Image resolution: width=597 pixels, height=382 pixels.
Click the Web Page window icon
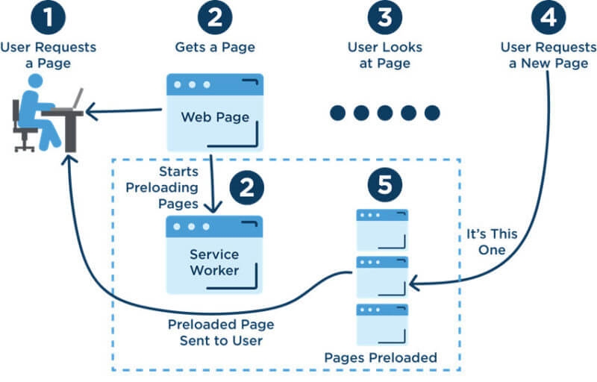214,110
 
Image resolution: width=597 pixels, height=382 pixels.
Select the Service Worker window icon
214,254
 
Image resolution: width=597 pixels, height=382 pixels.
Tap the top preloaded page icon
381,230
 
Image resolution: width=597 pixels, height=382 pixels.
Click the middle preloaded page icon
381,277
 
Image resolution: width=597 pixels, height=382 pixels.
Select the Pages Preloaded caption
380,358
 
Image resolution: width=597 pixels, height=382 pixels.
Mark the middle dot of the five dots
385,113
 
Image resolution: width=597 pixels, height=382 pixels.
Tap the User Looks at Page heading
384,55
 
